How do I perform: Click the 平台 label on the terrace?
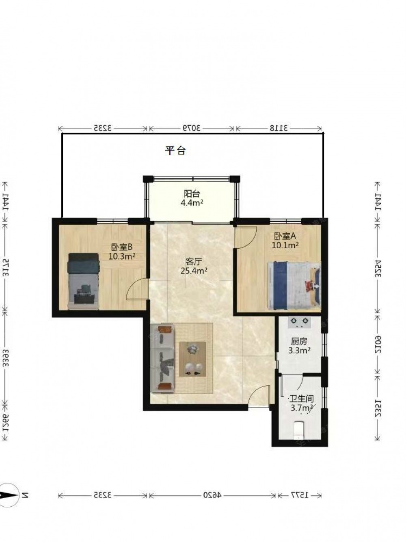pyautogui.click(x=175, y=151)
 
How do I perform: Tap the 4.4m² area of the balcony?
pyautogui.click(x=192, y=203)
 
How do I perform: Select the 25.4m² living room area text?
pyautogui.click(x=194, y=271)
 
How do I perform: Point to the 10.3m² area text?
pyautogui.click(x=122, y=256)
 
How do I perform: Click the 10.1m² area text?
pyautogui.click(x=285, y=245)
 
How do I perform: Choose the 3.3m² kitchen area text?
pyautogui.click(x=299, y=351)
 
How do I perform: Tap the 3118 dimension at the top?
pyautogui.click(x=279, y=128)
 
